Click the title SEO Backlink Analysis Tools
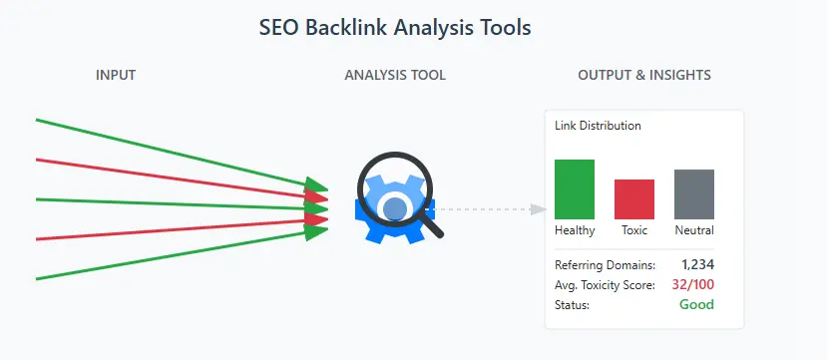tap(395, 28)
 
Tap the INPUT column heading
tap(116, 75)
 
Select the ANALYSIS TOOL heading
tap(395, 75)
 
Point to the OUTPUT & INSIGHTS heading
tap(644, 75)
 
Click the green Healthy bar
tap(575, 189)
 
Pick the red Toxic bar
tap(634, 199)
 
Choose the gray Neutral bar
tap(694, 194)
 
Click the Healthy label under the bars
tap(575, 230)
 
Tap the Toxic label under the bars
tap(634, 230)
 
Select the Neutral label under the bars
tap(694, 230)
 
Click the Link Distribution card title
tap(598, 126)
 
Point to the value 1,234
tap(697, 264)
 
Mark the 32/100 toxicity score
tap(692, 284)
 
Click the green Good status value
tap(696, 304)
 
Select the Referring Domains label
tap(605, 264)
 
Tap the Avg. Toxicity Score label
tap(605, 284)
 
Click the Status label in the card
tap(572, 304)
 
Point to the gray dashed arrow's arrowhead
tap(539, 209)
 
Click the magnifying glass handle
tap(432, 224)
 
